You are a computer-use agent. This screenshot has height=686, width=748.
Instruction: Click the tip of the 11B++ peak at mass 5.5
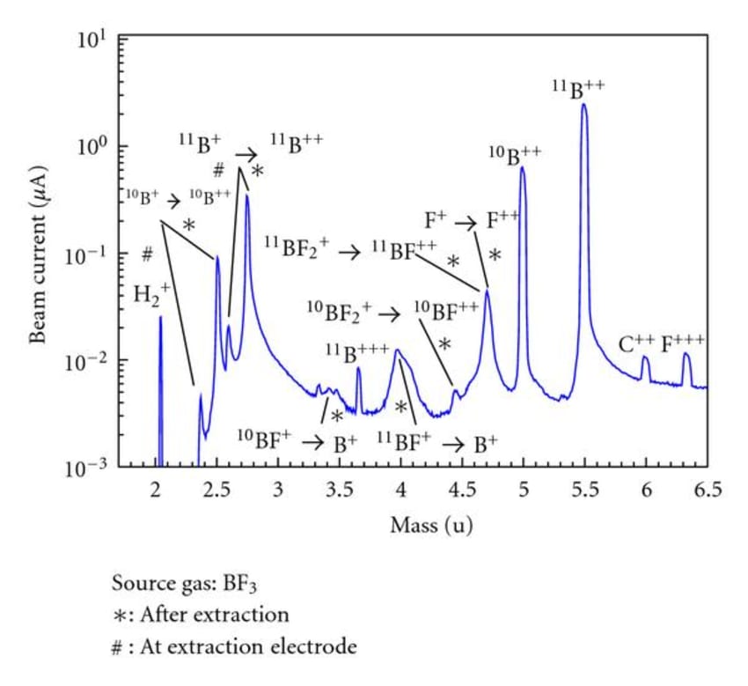point(583,105)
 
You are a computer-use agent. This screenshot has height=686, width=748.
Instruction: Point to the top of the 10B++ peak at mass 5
point(523,167)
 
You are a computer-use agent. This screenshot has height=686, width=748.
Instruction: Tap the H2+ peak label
point(151,294)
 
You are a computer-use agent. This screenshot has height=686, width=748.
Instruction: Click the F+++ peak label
point(684,343)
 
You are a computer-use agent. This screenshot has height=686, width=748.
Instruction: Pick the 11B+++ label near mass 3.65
point(357,353)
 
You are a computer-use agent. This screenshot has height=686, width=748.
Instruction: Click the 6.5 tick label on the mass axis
point(707,490)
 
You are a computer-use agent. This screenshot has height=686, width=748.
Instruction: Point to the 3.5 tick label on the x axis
point(340,490)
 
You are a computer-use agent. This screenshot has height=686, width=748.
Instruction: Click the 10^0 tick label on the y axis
point(92,146)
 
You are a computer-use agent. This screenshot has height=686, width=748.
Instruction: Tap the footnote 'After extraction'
point(214,614)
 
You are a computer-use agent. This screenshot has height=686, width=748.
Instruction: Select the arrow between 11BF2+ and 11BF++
point(350,253)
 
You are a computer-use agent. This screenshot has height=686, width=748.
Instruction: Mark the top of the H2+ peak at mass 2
point(160,318)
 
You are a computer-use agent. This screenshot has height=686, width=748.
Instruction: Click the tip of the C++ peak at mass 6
point(645,358)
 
